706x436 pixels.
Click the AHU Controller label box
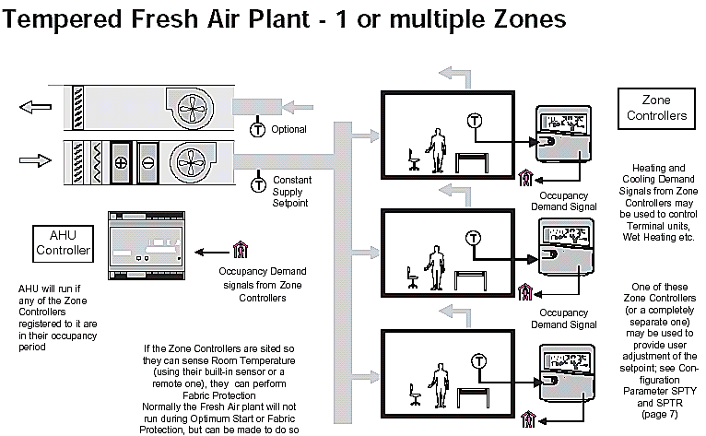[63, 242]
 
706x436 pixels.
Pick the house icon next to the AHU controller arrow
[241, 249]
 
